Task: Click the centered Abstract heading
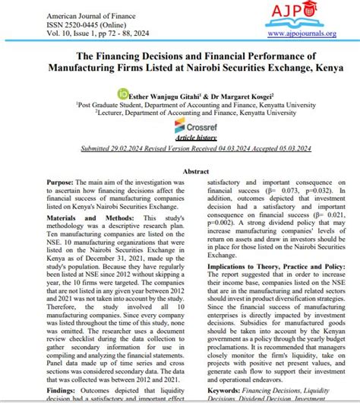[179, 173]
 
